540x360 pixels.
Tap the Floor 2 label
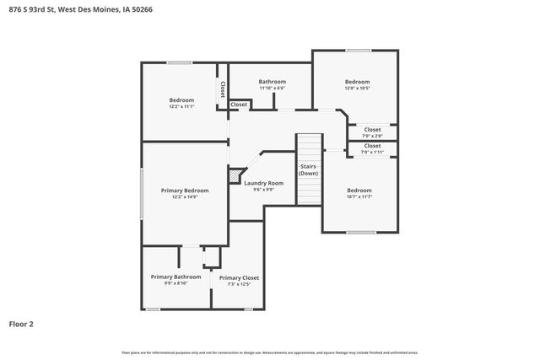pos(21,323)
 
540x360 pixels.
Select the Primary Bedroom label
pos(185,191)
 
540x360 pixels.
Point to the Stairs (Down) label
pos(309,169)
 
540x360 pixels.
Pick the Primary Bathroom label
pos(175,277)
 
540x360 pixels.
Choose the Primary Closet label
pos(239,277)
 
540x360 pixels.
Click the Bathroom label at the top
pos(272,82)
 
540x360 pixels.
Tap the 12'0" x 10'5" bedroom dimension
pos(357,89)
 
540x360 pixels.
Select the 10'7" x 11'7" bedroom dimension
pos(359,197)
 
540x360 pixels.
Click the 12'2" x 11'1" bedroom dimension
pos(181,107)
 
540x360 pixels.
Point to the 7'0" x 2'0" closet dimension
pos(372,136)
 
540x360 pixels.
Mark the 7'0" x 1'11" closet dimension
pos(372,152)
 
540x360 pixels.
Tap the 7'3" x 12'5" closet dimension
pos(239,284)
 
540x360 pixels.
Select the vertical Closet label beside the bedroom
pos(223,89)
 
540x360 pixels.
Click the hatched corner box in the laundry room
pos(235,176)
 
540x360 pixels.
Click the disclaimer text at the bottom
pos(270,352)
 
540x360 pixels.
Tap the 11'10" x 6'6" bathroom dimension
pos(272,89)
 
